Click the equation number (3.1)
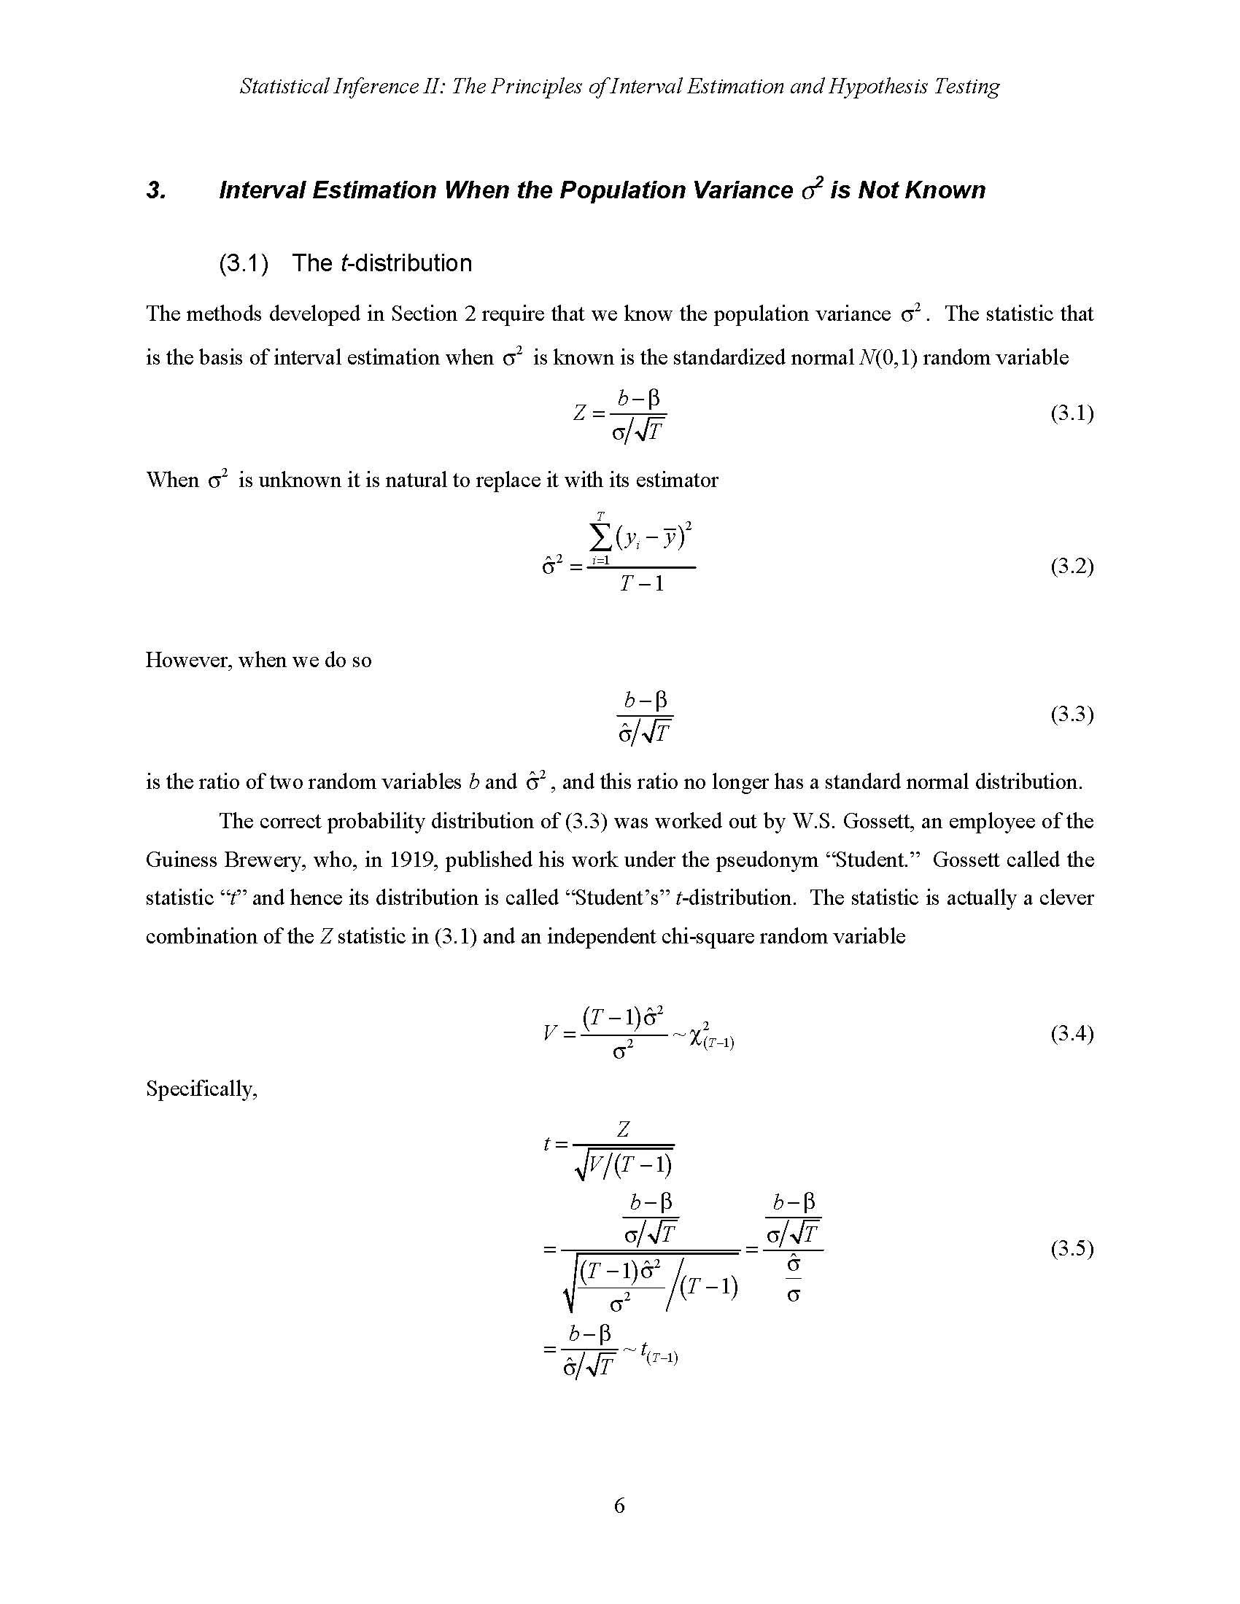pyautogui.click(x=1072, y=413)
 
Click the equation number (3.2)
pyautogui.click(x=1072, y=567)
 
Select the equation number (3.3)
pyautogui.click(x=1072, y=714)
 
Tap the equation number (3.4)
pyautogui.click(x=1072, y=1034)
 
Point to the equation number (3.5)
pyautogui.click(x=1072, y=1248)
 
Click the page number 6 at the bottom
pyautogui.click(x=619, y=1506)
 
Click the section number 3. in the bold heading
pyautogui.click(x=156, y=191)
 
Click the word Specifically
pyautogui.click(x=201, y=1089)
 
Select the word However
pyautogui.click(x=188, y=661)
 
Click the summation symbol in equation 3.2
pyautogui.click(x=600, y=540)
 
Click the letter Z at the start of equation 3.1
pyautogui.click(x=579, y=413)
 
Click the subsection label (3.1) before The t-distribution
pyautogui.click(x=243, y=264)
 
